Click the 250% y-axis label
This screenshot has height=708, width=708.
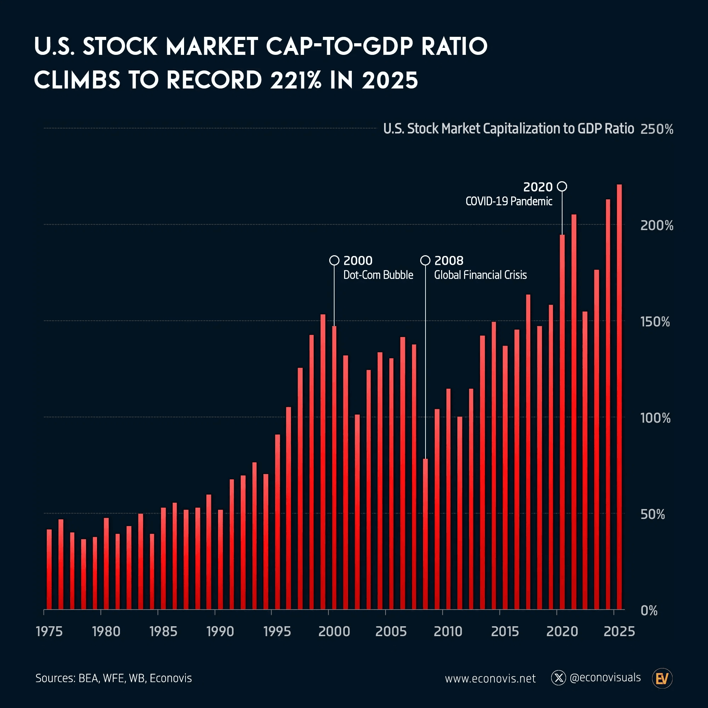pyautogui.click(x=656, y=129)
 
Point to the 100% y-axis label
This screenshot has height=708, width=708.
pyautogui.click(x=655, y=418)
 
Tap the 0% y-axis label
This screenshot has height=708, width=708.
pyautogui.click(x=649, y=611)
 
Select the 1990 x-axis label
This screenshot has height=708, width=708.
pyautogui.click(x=220, y=632)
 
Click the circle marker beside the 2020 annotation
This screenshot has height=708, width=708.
pyautogui.click(x=562, y=187)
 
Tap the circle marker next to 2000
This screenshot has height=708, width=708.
pyautogui.click(x=334, y=261)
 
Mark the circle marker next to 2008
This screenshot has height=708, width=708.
pyautogui.click(x=425, y=261)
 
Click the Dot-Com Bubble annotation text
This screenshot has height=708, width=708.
pyautogui.click(x=378, y=275)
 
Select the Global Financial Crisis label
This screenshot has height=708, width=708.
pyautogui.click(x=480, y=275)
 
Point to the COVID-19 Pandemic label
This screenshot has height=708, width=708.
pyautogui.click(x=509, y=201)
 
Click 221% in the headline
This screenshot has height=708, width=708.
pyautogui.click(x=295, y=80)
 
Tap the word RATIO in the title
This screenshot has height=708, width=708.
pyautogui.click(x=455, y=46)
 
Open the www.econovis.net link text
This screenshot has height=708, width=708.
pyautogui.click(x=490, y=679)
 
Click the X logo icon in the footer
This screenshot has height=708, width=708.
pyautogui.click(x=559, y=678)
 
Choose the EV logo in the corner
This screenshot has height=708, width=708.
pyautogui.click(x=662, y=679)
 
